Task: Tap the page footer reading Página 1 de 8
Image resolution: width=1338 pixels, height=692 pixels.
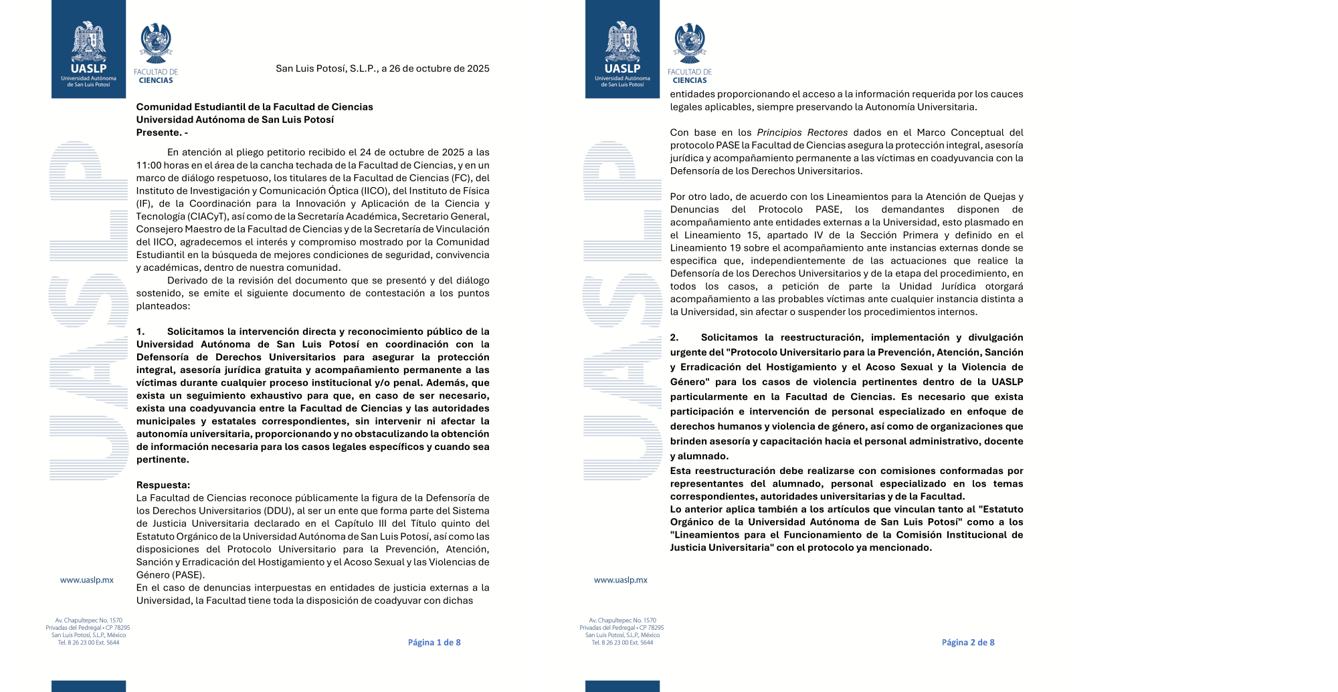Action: coord(434,643)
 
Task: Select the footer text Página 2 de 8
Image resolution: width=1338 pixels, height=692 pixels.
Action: coord(968,643)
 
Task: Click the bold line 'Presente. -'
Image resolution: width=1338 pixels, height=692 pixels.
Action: coord(162,132)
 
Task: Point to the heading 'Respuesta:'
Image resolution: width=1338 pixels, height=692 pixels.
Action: coord(163,485)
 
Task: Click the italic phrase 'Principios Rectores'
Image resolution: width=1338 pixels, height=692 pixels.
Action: coord(802,132)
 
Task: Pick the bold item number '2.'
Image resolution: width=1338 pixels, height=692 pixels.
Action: coord(674,338)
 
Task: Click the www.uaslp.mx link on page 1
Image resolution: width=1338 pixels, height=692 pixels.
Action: coord(87,580)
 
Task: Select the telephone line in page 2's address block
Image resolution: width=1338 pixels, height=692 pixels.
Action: coord(622,643)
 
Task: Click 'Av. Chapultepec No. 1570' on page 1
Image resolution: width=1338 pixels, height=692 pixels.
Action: coord(88,620)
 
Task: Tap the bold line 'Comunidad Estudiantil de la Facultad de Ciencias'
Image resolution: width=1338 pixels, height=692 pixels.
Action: coord(254,107)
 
